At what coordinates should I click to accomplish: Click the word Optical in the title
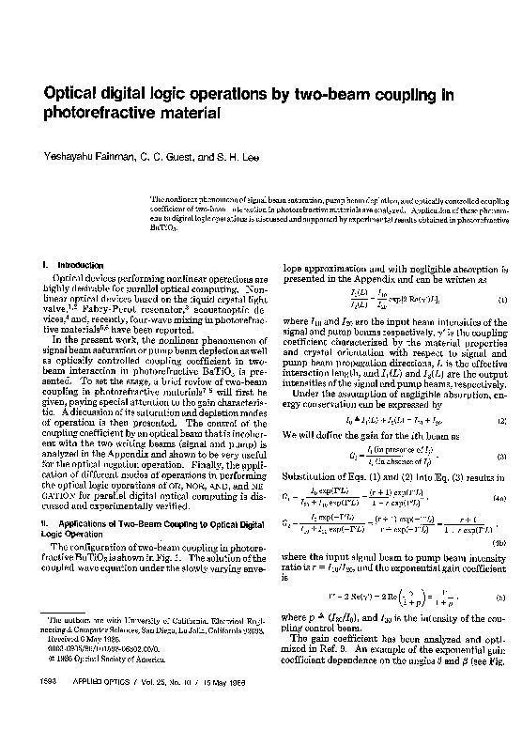(x=63, y=95)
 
